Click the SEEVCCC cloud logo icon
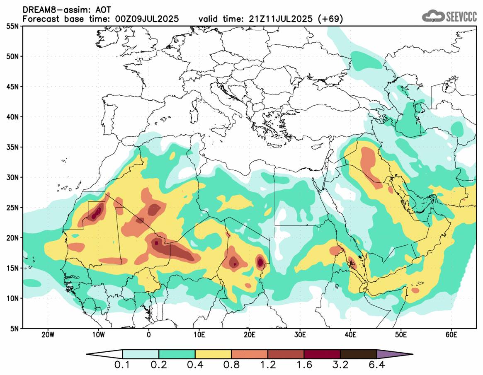click(x=433, y=16)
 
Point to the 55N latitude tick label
click(x=13, y=26)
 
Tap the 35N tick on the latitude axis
click(x=13, y=147)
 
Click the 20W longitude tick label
click(x=48, y=334)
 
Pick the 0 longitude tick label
click(x=149, y=334)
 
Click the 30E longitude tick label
click(x=300, y=334)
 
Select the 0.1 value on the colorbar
click(x=123, y=365)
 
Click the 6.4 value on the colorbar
click(x=376, y=365)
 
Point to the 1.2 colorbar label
click(x=268, y=365)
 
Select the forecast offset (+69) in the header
click(x=330, y=19)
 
